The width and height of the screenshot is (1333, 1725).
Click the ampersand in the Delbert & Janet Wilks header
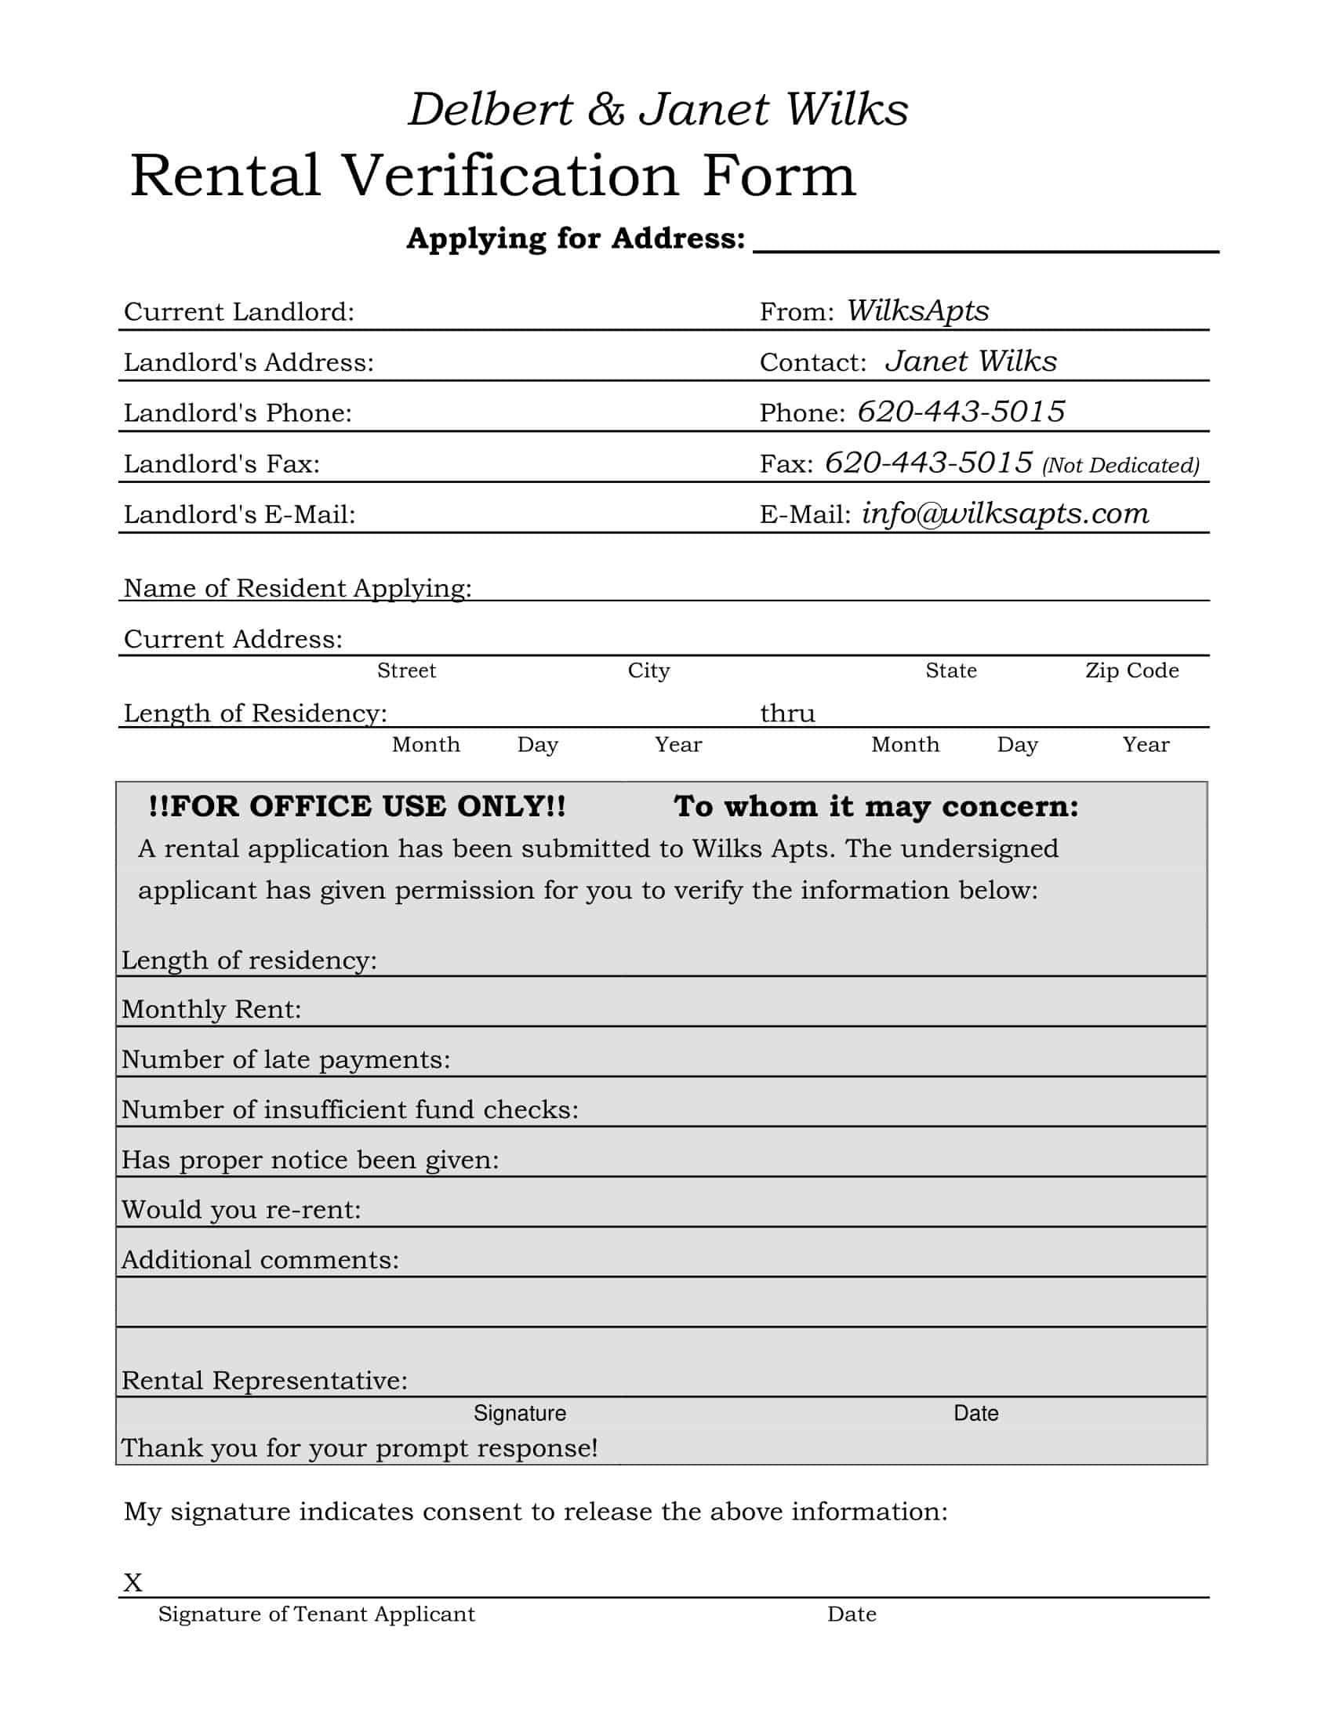pyautogui.click(x=605, y=110)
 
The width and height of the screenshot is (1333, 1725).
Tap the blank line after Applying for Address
pyautogui.click(x=986, y=241)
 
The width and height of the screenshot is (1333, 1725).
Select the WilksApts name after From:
pyautogui.click(x=917, y=310)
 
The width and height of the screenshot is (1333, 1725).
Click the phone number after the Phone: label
pyautogui.click(x=961, y=412)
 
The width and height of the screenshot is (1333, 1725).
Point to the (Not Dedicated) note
pyautogui.click(x=1121, y=465)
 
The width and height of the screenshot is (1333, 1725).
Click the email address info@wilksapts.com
pyautogui.click(x=1004, y=514)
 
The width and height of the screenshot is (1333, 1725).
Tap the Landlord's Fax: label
pyautogui.click(x=222, y=463)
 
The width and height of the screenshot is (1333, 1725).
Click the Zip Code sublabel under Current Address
pyautogui.click(x=1131, y=670)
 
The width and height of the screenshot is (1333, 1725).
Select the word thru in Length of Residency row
pyautogui.click(x=787, y=714)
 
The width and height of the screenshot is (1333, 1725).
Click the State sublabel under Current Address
pyautogui.click(x=951, y=670)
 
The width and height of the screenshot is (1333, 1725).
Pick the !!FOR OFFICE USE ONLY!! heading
pyautogui.click(x=357, y=806)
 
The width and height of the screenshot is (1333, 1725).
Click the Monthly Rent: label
pyautogui.click(x=212, y=1009)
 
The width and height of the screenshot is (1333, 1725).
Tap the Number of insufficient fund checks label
pyautogui.click(x=350, y=1109)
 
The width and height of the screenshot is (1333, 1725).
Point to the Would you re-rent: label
pyautogui.click(x=241, y=1209)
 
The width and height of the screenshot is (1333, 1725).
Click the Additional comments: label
pyautogui.click(x=260, y=1260)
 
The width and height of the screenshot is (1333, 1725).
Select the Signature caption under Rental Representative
pyautogui.click(x=520, y=1413)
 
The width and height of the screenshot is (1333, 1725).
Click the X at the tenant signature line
pyautogui.click(x=133, y=1583)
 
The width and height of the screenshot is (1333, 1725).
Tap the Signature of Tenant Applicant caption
pyautogui.click(x=317, y=1614)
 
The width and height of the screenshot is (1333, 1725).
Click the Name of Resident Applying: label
pyautogui.click(x=298, y=588)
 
